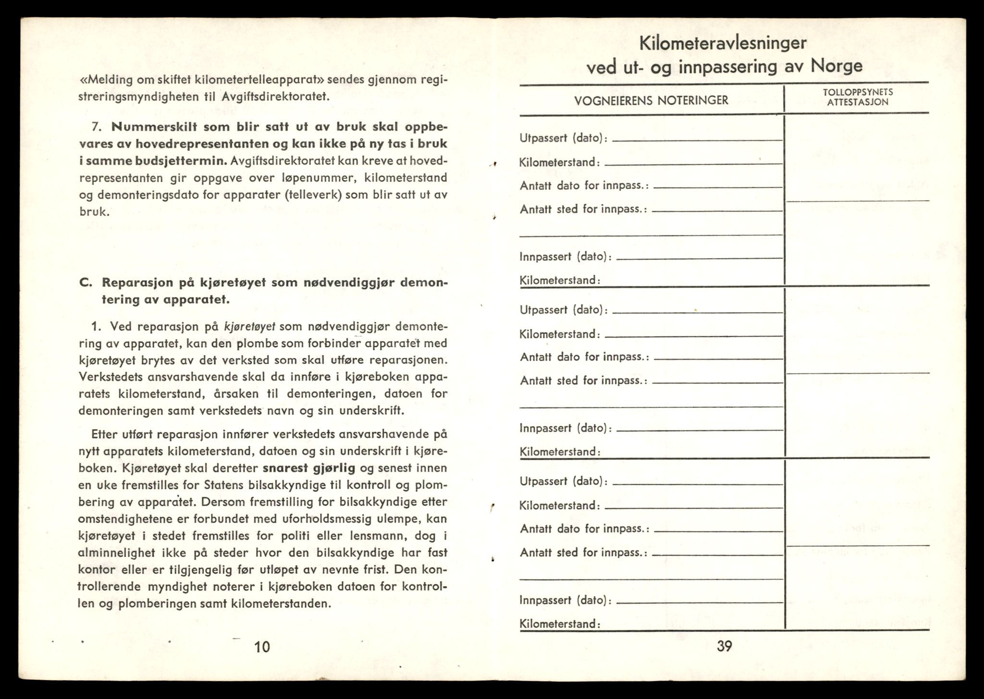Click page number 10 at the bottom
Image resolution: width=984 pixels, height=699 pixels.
tap(262, 647)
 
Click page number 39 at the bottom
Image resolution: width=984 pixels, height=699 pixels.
tap(724, 646)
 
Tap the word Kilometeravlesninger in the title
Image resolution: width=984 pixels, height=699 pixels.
tap(723, 44)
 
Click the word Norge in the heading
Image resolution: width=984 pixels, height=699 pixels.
tap(836, 66)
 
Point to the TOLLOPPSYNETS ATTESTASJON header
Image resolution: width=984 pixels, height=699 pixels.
tap(858, 97)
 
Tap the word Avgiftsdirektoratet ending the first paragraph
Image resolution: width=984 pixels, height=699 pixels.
tap(276, 97)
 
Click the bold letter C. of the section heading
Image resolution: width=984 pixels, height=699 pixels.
tap(86, 282)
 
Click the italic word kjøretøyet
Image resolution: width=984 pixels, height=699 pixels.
tap(249, 327)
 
